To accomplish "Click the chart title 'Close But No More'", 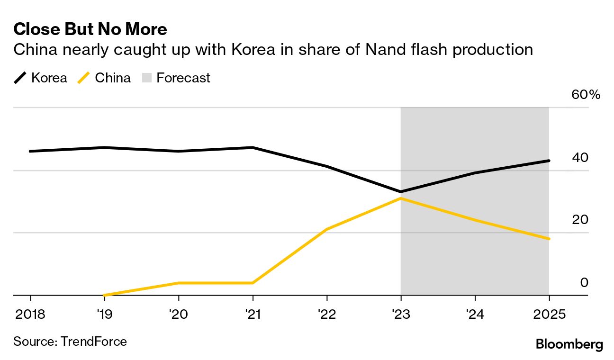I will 90,29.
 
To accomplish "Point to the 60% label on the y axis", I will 586,95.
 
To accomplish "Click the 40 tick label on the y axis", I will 580,157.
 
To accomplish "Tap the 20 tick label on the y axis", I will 580,220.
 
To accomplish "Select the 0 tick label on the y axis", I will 584,282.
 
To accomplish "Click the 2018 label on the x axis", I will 30,315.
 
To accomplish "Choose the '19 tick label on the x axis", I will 104,315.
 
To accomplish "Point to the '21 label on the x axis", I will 253,315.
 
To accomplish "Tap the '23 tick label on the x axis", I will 401,315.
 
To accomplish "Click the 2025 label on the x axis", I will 549,315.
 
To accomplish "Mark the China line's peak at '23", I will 401,198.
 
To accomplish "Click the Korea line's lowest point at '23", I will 401,192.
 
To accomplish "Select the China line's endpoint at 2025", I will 549,239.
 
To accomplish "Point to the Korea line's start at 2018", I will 30,151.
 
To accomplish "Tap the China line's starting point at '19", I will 104,295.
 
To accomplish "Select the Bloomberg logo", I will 569,344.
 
